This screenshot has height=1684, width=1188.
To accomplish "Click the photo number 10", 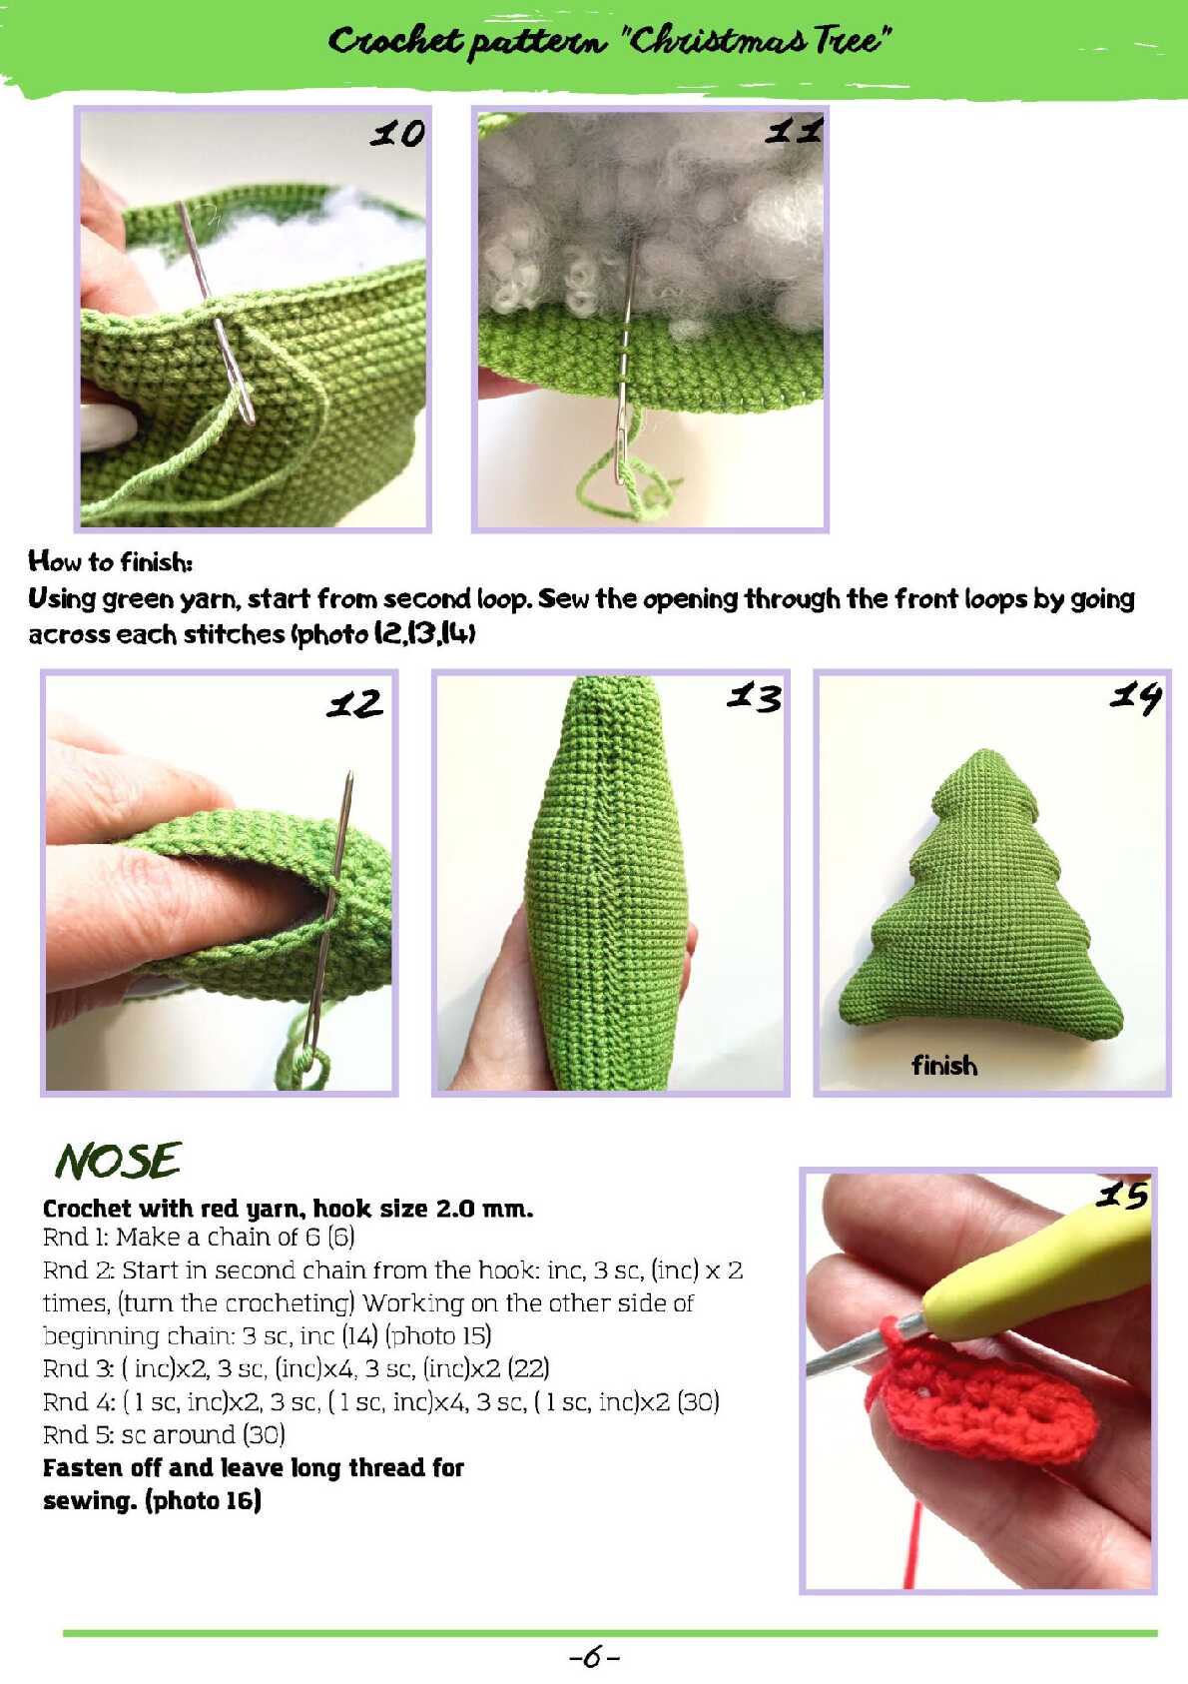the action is coord(397,134).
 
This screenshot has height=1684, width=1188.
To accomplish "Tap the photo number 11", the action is coord(794,132).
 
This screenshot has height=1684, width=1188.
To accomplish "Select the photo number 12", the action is coord(354,704).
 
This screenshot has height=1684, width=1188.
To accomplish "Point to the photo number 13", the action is coord(754,697).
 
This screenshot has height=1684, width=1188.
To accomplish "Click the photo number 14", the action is coord(1136,698).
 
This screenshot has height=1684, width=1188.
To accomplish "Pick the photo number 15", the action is coord(1123,1195).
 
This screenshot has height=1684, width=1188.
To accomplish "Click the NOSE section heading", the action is coord(118,1161).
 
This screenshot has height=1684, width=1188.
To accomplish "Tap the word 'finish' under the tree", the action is coord(944,1066).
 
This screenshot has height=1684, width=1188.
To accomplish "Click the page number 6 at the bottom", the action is coord(594,1656).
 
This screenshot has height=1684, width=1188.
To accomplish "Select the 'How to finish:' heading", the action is coord(111,561).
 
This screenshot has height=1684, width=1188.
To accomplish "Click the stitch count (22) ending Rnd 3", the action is coord(529,1367).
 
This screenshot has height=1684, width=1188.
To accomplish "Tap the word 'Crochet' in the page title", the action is coord(395,41).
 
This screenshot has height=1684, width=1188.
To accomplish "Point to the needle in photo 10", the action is coord(216,312).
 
